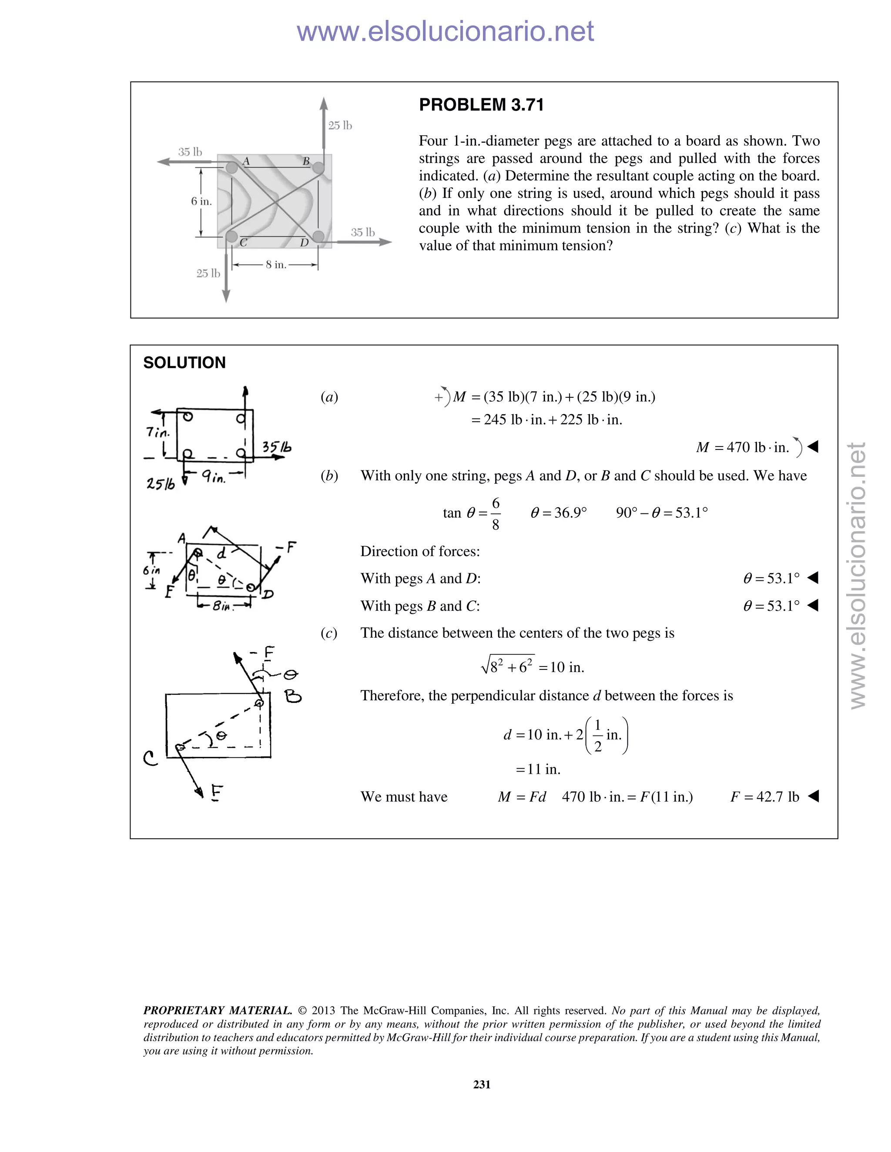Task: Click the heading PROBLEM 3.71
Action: click(481, 105)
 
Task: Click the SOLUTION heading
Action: click(184, 363)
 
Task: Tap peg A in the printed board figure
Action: click(232, 168)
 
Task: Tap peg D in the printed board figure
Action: click(318, 235)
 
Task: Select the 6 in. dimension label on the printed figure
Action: click(201, 202)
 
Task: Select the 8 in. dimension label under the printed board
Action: click(275, 265)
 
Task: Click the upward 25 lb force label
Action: click(340, 126)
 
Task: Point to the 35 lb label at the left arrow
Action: click(190, 152)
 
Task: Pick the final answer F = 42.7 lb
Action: click(764, 796)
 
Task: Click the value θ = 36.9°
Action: click(558, 513)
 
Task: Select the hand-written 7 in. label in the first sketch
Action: click(157, 432)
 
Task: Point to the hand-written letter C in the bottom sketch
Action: click(151, 759)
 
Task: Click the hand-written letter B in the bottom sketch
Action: click(293, 697)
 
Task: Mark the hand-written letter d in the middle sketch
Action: click(222, 553)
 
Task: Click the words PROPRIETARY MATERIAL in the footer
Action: click(218, 1010)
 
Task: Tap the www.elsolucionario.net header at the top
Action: click(445, 31)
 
